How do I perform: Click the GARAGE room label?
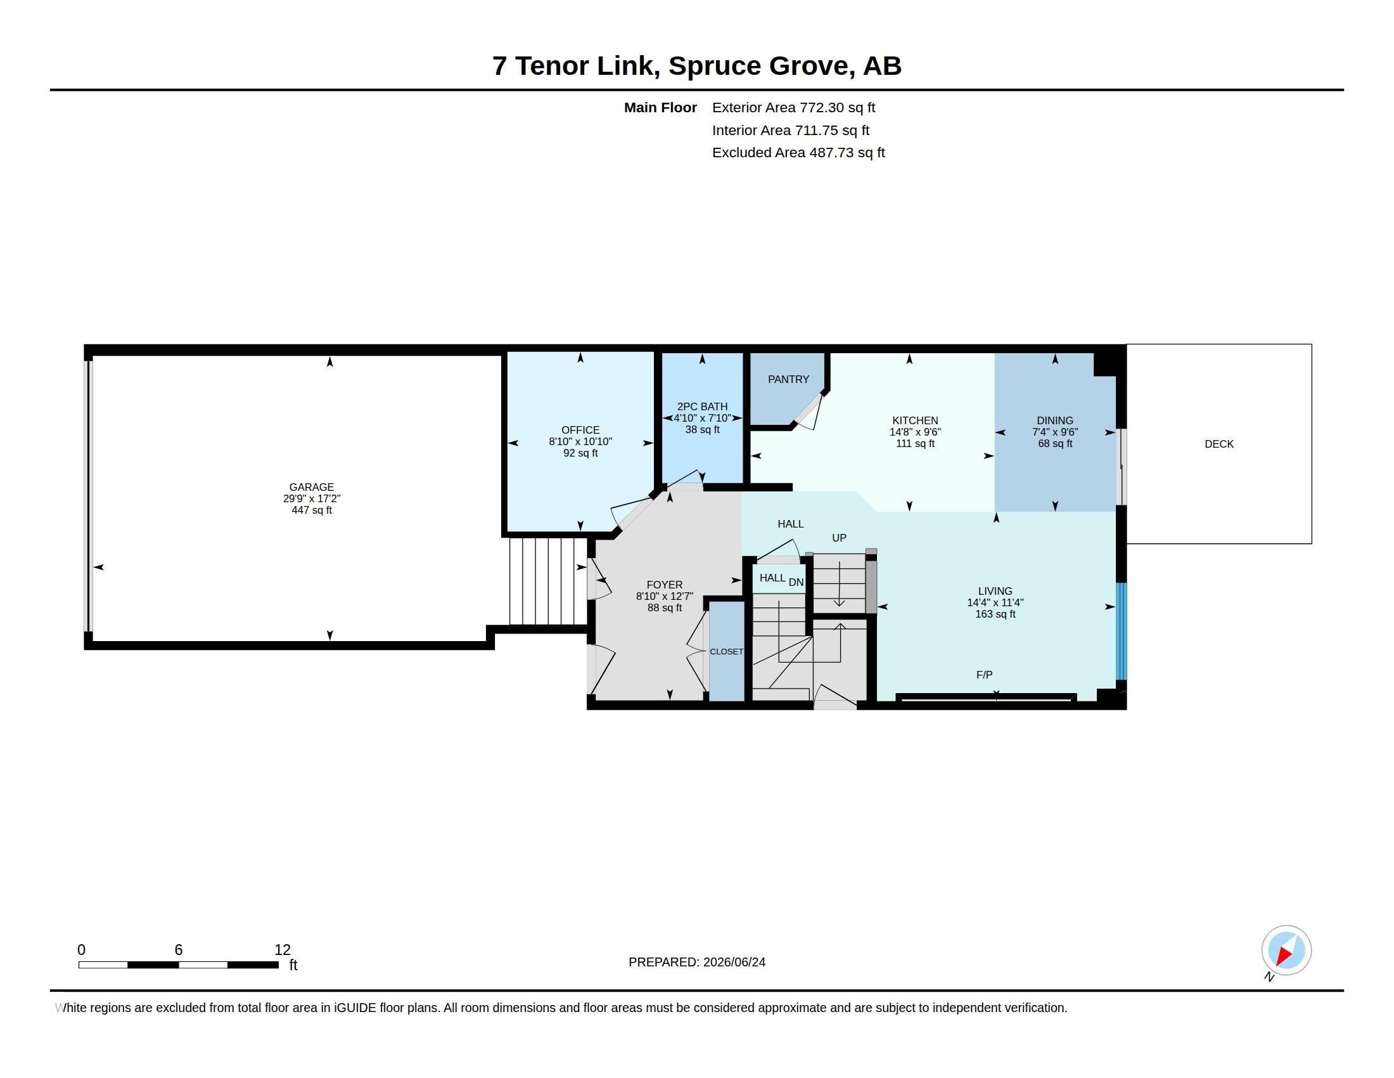312,486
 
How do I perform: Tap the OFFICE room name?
580,430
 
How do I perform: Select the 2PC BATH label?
702,406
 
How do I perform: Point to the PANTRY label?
788,379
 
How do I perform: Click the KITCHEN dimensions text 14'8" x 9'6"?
916,432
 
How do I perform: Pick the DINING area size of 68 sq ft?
1055,443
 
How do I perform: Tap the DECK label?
1219,444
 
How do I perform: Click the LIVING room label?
995,591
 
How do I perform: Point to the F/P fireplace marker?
984,675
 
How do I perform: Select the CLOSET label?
726,651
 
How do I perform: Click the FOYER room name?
665,585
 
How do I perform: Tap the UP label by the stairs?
840,538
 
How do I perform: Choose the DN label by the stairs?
796,581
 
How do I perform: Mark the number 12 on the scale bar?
283,950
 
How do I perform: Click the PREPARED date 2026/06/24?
734,962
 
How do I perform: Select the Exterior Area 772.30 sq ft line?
793,107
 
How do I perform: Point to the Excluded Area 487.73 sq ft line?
798,153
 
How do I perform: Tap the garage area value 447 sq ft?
312,510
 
